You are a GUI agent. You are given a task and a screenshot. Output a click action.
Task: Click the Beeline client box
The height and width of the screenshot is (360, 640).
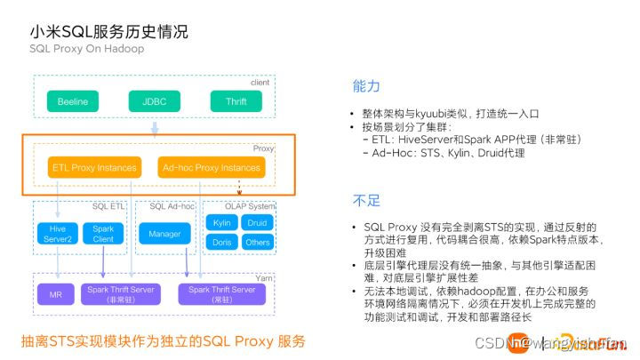click(x=72, y=101)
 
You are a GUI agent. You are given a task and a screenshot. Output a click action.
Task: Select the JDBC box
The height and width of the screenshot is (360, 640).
click(x=154, y=101)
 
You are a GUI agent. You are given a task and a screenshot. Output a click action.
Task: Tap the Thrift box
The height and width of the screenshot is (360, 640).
click(x=236, y=101)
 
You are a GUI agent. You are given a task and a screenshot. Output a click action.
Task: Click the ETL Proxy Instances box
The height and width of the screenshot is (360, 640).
click(x=95, y=167)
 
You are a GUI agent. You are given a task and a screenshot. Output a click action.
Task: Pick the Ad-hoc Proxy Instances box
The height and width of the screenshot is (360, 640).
click(x=210, y=167)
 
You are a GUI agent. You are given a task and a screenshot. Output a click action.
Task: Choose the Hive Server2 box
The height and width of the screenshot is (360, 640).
click(x=58, y=234)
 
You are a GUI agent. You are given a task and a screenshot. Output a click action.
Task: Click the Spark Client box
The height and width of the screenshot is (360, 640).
click(x=103, y=234)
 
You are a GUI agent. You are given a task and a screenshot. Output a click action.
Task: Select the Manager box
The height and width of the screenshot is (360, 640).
click(x=164, y=234)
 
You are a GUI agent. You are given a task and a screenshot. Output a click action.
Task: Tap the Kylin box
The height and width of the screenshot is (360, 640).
click(x=222, y=222)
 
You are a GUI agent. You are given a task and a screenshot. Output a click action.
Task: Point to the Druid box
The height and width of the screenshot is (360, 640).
click(x=258, y=222)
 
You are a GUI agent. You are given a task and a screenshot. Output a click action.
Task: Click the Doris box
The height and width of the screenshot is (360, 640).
click(x=222, y=242)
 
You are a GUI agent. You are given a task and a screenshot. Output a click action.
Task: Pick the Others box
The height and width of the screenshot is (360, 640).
click(x=258, y=242)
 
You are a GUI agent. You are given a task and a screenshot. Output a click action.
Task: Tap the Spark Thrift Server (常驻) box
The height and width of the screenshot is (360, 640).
click(x=222, y=292)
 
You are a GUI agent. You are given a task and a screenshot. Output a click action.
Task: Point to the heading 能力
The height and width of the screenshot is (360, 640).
click(x=366, y=86)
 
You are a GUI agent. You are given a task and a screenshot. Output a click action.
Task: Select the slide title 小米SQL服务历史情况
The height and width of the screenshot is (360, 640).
click(x=108, y=32)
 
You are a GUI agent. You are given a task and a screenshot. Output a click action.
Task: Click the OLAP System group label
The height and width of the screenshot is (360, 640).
click(x=251, y=206)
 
